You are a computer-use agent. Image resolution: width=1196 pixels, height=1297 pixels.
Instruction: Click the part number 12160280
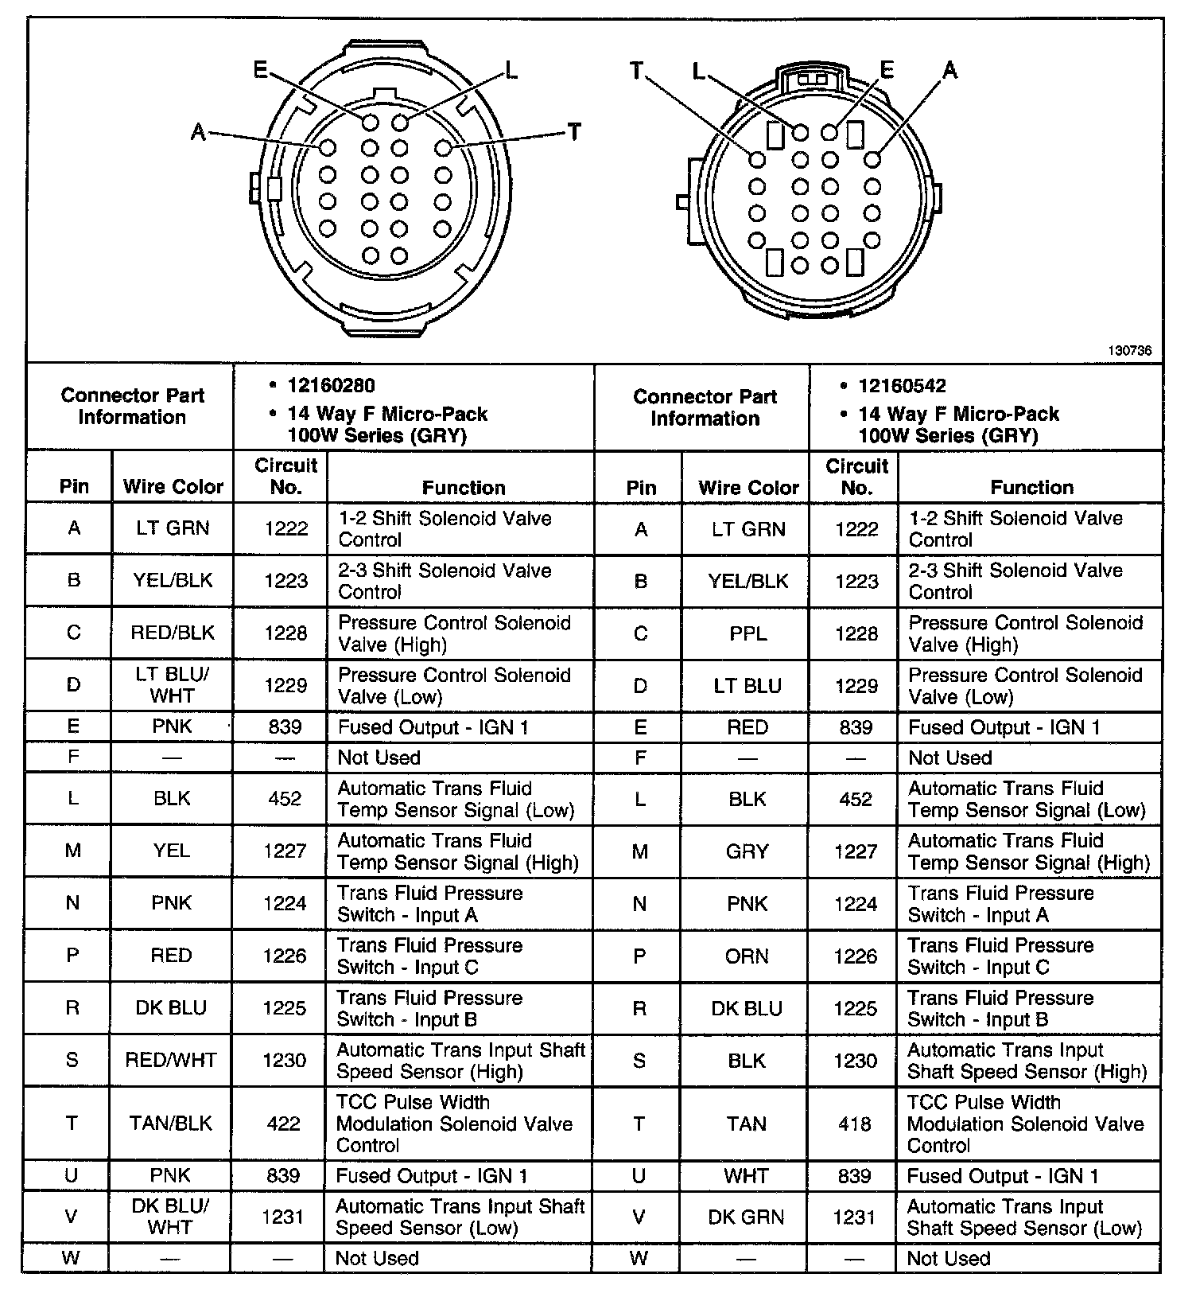[x=331, y=386]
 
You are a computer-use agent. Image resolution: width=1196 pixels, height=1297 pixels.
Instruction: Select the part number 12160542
[x=902, y=386]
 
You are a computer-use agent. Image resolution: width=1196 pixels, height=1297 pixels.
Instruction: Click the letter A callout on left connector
[x=199, y=131]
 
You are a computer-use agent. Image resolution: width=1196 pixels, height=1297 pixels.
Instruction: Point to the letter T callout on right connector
[x=637, y=72]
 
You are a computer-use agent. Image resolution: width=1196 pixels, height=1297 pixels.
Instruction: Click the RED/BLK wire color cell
[x=173, y=633]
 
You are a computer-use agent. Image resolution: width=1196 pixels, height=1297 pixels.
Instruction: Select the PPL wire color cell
[x=747, y=633]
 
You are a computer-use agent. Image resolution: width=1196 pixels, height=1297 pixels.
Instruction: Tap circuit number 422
[x=284, y=1124]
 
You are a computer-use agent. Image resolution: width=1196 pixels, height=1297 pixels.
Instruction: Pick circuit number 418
[x=855, y=1124]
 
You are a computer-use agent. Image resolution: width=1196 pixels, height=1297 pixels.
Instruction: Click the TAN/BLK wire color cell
[x=171, y=1124]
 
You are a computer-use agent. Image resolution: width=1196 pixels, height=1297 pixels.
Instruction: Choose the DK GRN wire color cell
[x=746, y=1217]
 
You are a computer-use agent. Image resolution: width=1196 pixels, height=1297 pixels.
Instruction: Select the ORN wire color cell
[x=747, y=956]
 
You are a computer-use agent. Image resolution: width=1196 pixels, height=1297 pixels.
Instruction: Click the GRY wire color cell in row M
[x=747, y=851]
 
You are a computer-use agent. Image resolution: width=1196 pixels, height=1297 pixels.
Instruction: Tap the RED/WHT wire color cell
[x=171, y=1060]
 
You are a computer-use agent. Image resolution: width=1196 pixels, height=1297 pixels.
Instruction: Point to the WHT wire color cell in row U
[x=746, y=1176]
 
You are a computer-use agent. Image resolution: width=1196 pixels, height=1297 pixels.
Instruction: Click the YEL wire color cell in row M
[x=172, y=851]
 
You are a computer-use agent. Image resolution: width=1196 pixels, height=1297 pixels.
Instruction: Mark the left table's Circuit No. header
[x=285, y=476]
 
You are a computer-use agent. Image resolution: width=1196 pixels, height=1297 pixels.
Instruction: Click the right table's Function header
[x=1031, y=487]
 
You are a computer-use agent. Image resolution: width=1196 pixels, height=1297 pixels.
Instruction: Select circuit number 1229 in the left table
[x=285, y=685]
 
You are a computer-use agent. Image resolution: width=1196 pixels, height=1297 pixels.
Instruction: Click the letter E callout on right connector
[x=887, y=70]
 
